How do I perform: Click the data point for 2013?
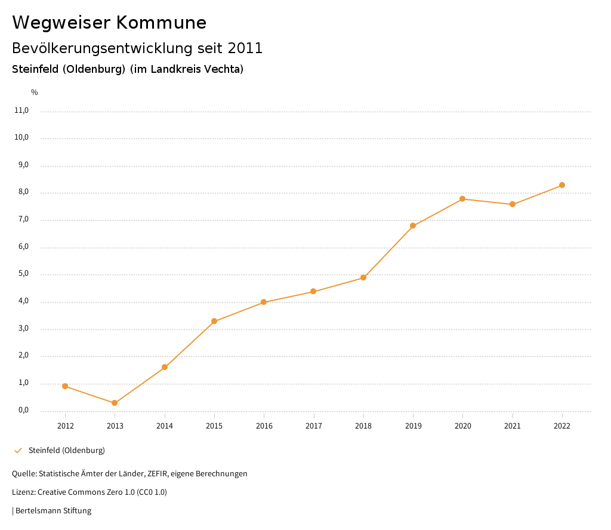115,403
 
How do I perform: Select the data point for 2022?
562,185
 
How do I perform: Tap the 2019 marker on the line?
413,226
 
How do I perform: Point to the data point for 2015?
214,321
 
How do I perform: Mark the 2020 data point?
462,199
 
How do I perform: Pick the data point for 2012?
65,386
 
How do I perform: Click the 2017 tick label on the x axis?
314,426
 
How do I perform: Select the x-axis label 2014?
165,426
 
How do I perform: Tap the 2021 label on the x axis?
513,426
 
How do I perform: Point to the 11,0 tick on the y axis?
21,110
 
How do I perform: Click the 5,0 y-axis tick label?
23,275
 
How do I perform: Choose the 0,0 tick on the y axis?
23,411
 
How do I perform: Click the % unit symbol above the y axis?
35,93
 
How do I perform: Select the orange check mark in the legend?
18,450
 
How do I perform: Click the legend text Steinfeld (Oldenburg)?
67,450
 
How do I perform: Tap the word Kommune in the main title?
161,23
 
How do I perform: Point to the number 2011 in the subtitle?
245,48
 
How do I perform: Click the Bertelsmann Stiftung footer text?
53,511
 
